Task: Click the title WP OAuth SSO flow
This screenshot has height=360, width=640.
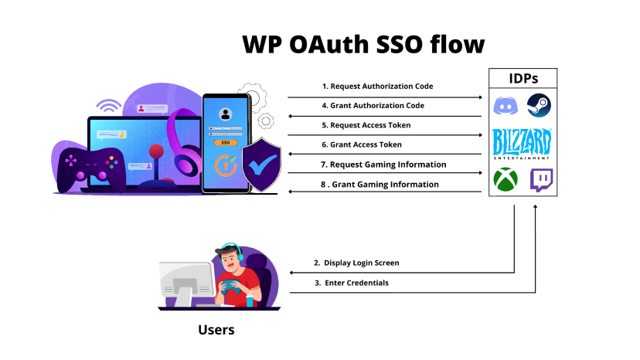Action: (363, 44)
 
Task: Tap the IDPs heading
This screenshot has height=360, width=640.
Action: (524, 78)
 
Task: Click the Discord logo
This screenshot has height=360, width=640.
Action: (506, 105)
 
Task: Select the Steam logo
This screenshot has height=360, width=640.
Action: (539, 104)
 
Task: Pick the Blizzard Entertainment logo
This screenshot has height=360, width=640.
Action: (523, 144)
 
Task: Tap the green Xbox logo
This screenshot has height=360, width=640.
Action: (506, 181)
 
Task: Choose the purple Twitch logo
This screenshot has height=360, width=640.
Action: (541, 181)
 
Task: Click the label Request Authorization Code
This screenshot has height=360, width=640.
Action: (377, 86)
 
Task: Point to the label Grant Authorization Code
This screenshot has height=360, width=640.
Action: (373, 105)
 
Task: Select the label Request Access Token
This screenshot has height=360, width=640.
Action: (366, 124)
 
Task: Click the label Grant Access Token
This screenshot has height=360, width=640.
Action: (362, 144)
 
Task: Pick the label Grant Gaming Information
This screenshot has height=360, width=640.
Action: (380, 185)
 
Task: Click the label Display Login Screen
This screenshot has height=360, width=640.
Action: (356, 263)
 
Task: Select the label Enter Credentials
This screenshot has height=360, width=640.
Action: (351, 283)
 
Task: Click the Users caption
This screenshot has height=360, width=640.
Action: (216, 330)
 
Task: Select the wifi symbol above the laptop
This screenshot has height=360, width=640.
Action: (108, 106)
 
